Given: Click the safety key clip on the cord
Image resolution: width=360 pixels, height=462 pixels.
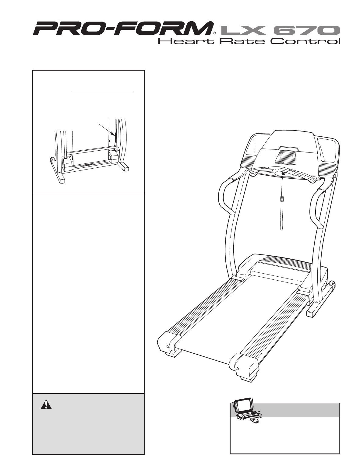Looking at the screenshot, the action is click(282, 199).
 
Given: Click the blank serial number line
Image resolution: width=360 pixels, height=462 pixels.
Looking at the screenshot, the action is click(102, 91).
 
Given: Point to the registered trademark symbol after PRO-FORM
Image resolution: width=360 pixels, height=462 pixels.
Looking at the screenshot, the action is click(214, 33).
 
